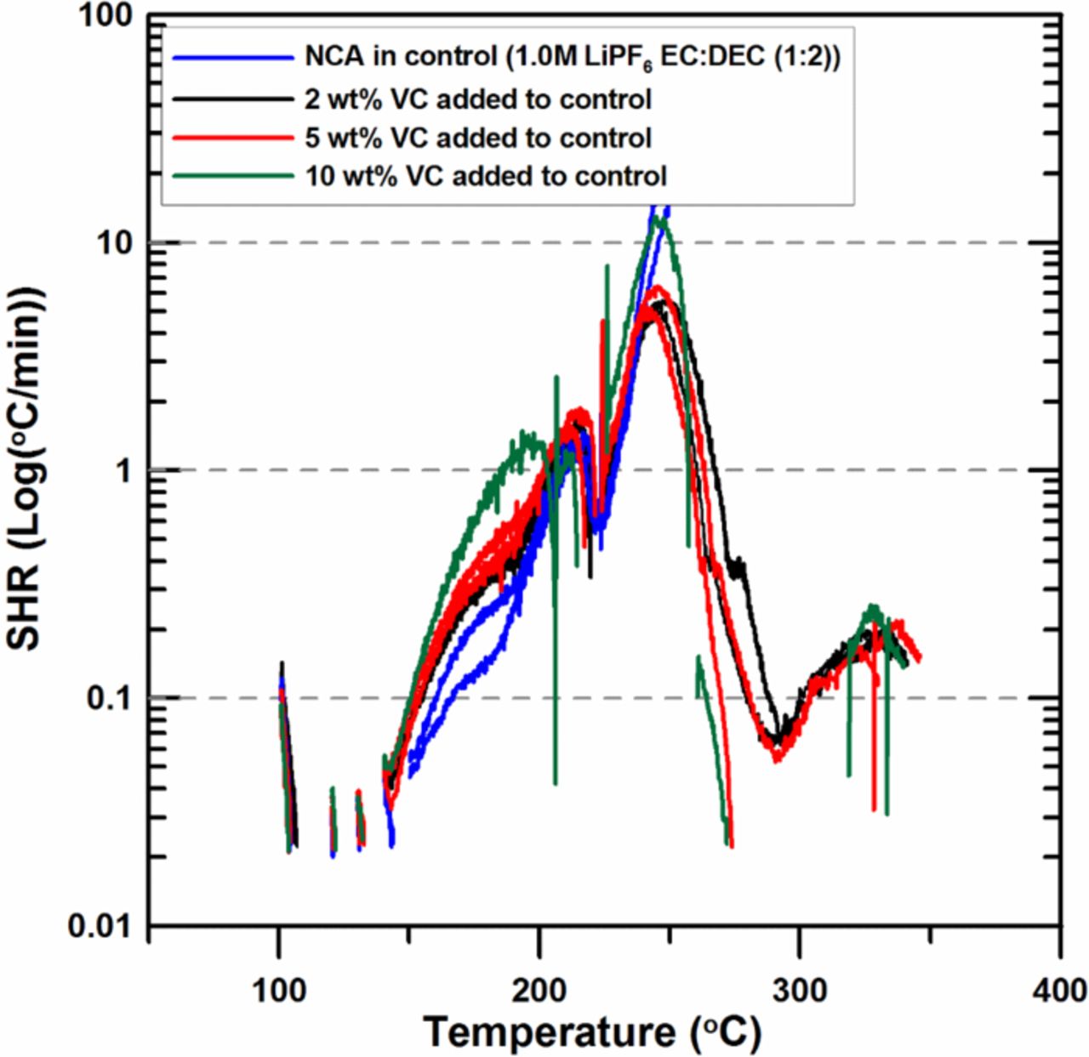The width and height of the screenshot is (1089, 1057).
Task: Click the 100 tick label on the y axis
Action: click(x=107, y=16)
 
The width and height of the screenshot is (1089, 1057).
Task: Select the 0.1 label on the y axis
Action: click(x=111, y=698)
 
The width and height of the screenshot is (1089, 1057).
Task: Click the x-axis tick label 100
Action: click(x=279, y=991)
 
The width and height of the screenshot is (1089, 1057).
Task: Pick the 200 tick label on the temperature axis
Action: click(x=539, y=991)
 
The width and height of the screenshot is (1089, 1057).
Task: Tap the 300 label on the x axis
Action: click(x=800, y=991)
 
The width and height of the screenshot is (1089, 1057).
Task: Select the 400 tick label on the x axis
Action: click(x=1060, y=991)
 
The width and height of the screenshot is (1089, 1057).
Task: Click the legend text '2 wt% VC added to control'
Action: click(x=478, y=99)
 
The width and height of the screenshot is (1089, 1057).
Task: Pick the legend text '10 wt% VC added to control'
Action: click(x=486, y=176)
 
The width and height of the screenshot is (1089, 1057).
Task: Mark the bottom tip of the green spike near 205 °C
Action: click(x=556, y=783)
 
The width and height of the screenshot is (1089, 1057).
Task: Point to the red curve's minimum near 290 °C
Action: click(x=777, y=759)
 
